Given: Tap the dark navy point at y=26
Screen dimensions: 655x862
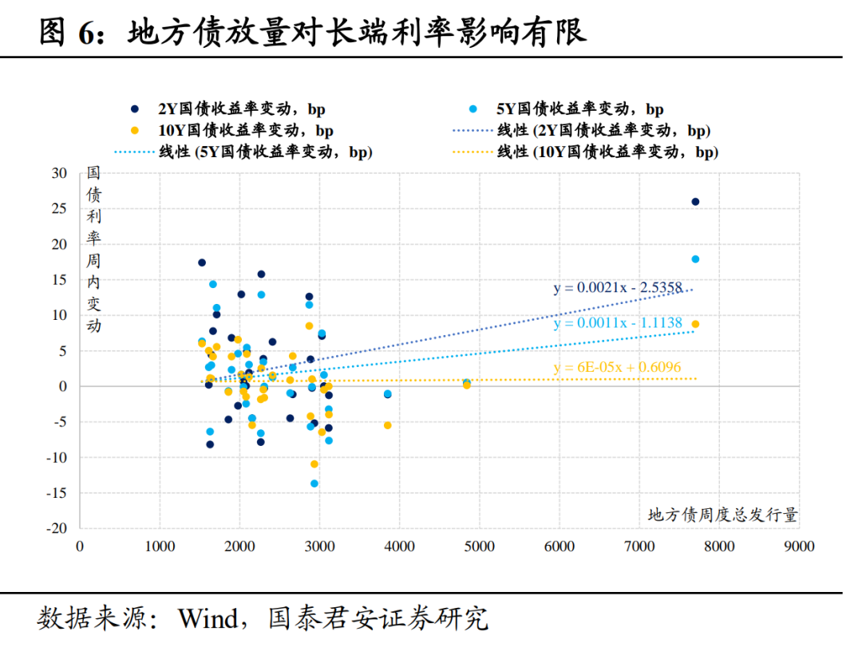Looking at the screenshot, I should click(695, 202).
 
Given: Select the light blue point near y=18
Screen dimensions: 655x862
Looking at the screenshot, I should click(695, 259).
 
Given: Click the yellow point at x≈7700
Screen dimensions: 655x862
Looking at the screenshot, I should click(695, 324).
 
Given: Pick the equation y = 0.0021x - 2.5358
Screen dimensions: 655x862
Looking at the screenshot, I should click(618, 288).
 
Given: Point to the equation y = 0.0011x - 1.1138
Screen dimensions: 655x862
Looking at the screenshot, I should click(618, 324).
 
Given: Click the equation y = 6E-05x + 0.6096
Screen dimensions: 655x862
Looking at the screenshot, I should click(618, 368).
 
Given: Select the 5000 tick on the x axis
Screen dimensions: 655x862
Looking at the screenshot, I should click(479, 546).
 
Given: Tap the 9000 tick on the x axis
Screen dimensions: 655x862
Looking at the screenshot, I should click(798, 546).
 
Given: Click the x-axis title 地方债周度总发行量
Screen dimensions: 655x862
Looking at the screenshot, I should click(722, 515).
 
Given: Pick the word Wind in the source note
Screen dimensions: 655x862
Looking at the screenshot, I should click(208, 618).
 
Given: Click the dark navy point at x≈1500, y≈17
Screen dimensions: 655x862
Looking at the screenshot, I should click(202, 262).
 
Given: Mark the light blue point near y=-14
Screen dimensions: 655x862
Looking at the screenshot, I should click(314, 483).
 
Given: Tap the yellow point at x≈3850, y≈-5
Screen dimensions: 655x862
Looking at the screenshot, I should click(388, 425).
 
